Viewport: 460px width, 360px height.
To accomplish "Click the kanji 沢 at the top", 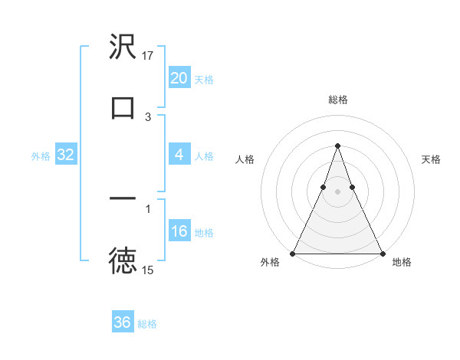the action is click(123, 48).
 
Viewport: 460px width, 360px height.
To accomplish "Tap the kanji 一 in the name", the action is click(123, 199).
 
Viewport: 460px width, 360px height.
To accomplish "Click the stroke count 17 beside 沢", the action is click(148, 55).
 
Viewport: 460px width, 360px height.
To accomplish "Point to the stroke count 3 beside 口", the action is click(148, 117).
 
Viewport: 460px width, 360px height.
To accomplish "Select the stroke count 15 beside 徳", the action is click(148, 270).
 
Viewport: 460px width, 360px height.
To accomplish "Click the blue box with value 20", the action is click(179, 78).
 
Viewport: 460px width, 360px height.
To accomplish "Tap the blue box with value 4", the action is click(179, 155).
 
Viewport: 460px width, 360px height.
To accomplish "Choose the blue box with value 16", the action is click(179, 231).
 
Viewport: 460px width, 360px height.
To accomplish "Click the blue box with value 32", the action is click(65, 155).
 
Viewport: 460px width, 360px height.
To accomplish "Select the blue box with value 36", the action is click(122, 322).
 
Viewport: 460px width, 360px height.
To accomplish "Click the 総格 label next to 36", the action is click(147, 324).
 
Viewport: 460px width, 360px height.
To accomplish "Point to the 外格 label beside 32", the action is click(41, 156).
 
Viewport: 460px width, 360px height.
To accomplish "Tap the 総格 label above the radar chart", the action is click(337, 100).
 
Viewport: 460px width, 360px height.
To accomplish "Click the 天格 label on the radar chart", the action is click(431, 159).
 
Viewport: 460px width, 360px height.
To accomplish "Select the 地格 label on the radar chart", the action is click(402, 263).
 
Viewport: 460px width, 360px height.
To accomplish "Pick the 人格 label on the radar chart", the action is click(245, 159).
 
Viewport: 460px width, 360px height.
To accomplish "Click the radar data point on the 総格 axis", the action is click(337, 146).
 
